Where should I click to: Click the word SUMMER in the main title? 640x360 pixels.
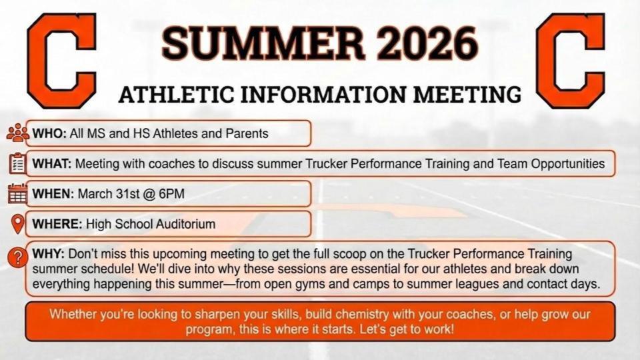(x=264, y=43)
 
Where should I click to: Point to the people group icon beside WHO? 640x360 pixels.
(x=17, y=133)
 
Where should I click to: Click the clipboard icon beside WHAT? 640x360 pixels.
(x=17, y=163)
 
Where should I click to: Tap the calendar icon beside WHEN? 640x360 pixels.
(x=17, y=193)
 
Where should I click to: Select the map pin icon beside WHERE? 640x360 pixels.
(x=17, y=224)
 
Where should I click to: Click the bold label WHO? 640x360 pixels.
(x=49, y=133)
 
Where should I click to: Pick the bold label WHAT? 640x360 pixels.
(x=52, y=164)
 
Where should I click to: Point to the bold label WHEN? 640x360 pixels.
(x=53, y=193)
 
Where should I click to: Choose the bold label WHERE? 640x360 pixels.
(x=57, y=224)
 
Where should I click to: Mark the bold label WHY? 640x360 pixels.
(x=48, y=254)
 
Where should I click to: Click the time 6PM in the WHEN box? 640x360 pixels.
(x=171, y=193)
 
